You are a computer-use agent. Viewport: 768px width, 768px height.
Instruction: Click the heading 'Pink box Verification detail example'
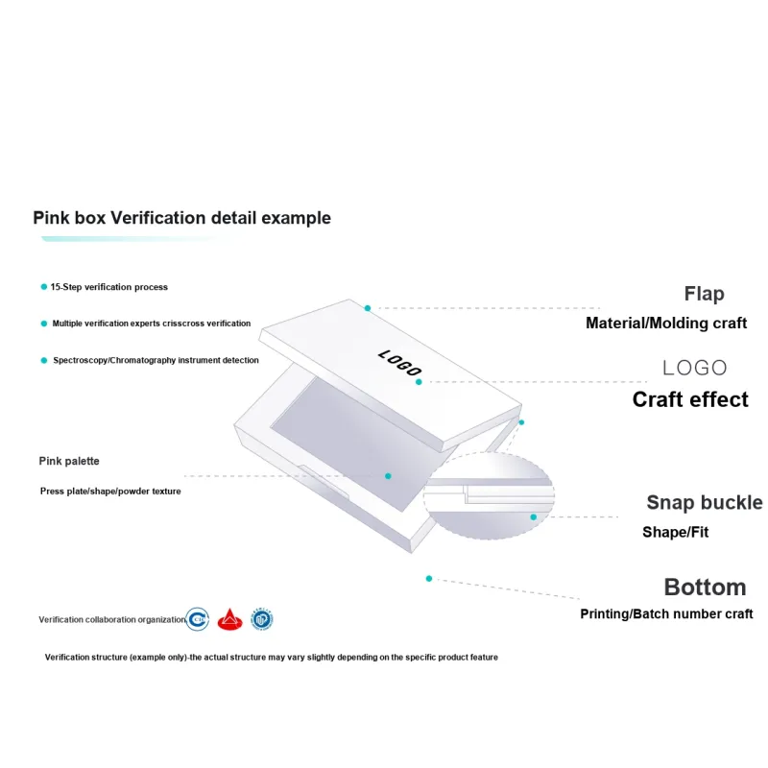[182, 218]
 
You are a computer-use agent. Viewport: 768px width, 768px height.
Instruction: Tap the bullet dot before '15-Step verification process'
[43, 287]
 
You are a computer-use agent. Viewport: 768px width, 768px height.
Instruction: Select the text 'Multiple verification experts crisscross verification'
[152, 324]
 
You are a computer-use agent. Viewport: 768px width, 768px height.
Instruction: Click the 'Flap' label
[704, 294]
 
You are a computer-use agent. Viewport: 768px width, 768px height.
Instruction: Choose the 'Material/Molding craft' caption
[666, 324]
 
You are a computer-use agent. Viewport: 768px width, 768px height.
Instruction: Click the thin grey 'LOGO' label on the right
[695, 368]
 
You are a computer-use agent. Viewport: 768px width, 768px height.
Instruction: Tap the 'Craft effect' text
[690, 399]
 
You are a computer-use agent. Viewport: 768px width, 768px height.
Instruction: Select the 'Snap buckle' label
[704, 502]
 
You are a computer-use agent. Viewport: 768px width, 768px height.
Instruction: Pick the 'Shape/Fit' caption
[675, 532]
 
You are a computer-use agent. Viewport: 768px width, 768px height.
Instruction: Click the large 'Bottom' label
[705, 587]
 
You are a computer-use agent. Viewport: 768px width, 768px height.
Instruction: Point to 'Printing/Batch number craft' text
[666, 614]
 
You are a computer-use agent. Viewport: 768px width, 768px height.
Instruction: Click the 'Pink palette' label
[69, 461]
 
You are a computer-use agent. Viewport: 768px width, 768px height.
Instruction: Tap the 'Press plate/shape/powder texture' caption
[110, 491]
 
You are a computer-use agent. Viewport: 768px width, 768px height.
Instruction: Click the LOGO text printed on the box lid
[400, 363]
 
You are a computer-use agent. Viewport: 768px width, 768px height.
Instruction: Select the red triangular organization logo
[228, 619]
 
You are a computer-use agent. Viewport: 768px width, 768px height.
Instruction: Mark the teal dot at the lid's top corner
[368, 308]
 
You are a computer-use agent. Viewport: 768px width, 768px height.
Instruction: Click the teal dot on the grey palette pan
[389, 475]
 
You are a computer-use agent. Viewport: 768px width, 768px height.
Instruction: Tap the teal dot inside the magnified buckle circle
[534, 516]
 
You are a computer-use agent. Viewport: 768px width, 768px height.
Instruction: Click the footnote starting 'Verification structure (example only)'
[272, 658]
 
